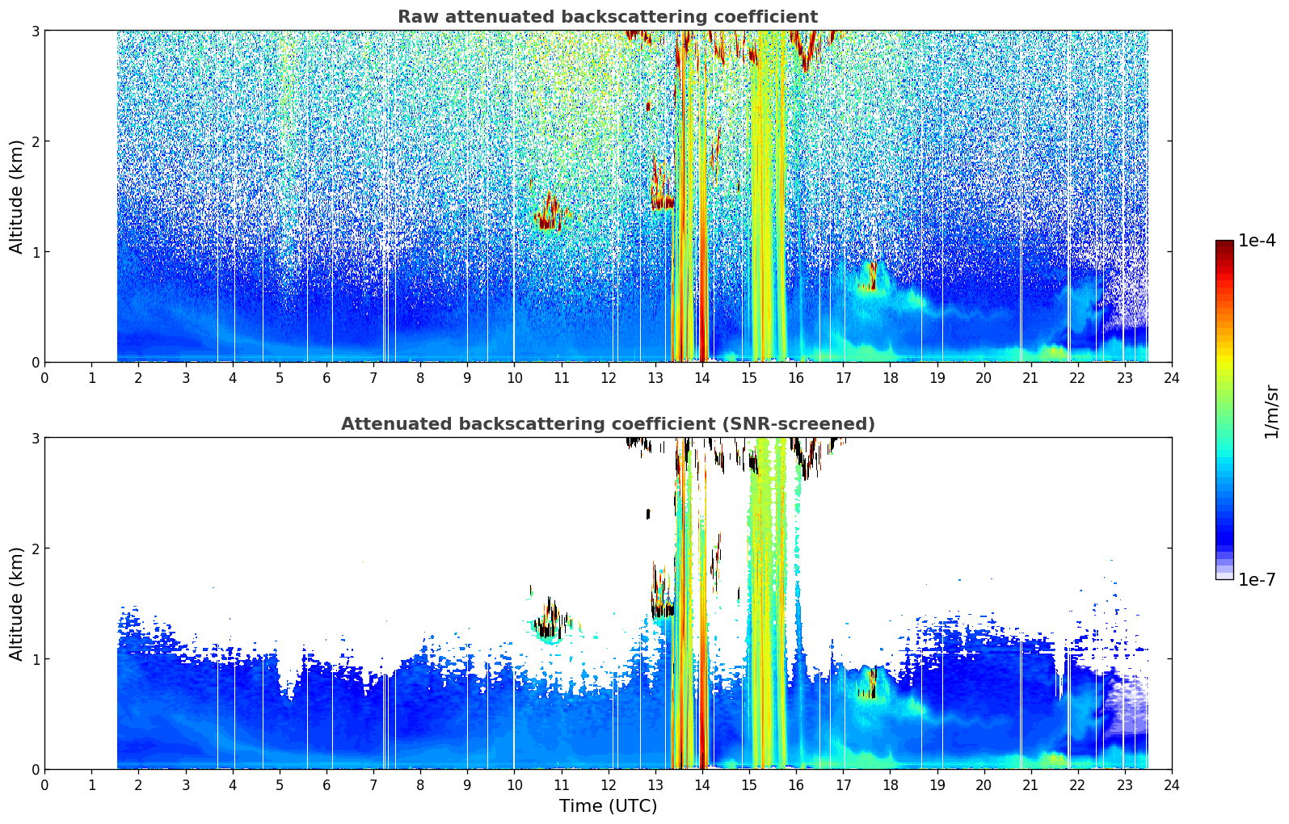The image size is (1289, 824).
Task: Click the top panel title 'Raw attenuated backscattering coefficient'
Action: click(x=608, y=17)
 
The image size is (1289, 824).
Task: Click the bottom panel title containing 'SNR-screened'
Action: click(x=608, y=423)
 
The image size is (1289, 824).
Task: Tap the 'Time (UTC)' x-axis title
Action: click(x=608, y=805)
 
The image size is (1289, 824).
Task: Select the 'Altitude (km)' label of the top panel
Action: click(x=16, y=197)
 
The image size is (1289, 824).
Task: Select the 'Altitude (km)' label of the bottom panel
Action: click(x=16, y=603)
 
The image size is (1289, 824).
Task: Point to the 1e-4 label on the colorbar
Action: click(x=1257, y=241)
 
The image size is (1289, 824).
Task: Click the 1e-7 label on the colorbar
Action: click(x=1257, y=579)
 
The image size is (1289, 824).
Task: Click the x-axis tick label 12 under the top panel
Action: click(x=609, y=378)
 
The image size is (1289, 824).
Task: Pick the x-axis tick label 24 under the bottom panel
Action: click(x=1172, y=785)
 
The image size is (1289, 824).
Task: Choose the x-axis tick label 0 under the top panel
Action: click(x=45, y=378)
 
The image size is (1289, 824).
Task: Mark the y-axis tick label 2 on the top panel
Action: click(x=35, y=141)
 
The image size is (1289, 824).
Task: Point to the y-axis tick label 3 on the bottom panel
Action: click(x=35, y=438)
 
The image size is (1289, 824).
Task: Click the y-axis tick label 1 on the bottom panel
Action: click(x=35, y=659)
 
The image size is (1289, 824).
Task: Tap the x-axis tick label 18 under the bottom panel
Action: click(x=891, y=785)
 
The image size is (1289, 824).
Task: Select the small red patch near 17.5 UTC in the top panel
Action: click(x=871, y=276)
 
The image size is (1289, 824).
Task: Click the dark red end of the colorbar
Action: click(x=1224, y=245)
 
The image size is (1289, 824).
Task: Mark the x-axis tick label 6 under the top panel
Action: click(x=326, y=378)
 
